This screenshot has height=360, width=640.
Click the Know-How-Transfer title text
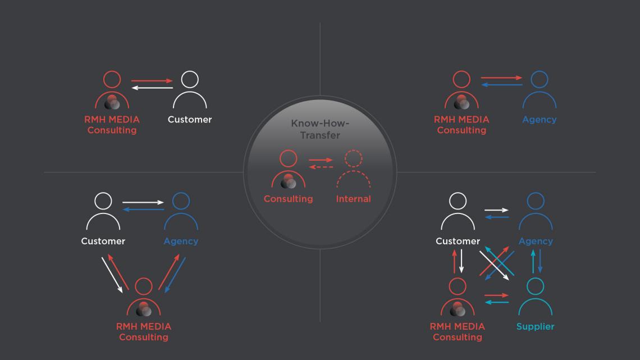point(319,129)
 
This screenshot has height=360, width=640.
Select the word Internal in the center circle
point(353,199)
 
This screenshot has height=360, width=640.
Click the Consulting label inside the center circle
point(288,199)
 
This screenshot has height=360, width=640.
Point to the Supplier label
point(535,327)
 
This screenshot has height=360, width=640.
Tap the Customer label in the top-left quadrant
point(190,120)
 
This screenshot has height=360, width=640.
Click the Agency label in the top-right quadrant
point(539,120)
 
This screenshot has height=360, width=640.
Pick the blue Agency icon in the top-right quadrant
point(539,90)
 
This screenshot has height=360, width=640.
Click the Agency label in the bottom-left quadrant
point(181,241)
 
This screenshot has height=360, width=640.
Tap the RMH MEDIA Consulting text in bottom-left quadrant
point(144,332)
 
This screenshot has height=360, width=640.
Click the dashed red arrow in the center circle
point(321,167)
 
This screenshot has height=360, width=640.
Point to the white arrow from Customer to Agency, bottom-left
point(143,202)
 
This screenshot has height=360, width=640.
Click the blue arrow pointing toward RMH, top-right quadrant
point(502,85)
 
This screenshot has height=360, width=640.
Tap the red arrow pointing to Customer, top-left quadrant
point(152,81)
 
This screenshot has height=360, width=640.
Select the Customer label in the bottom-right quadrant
point(458,241)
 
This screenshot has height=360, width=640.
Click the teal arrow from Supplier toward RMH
point(497,303)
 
